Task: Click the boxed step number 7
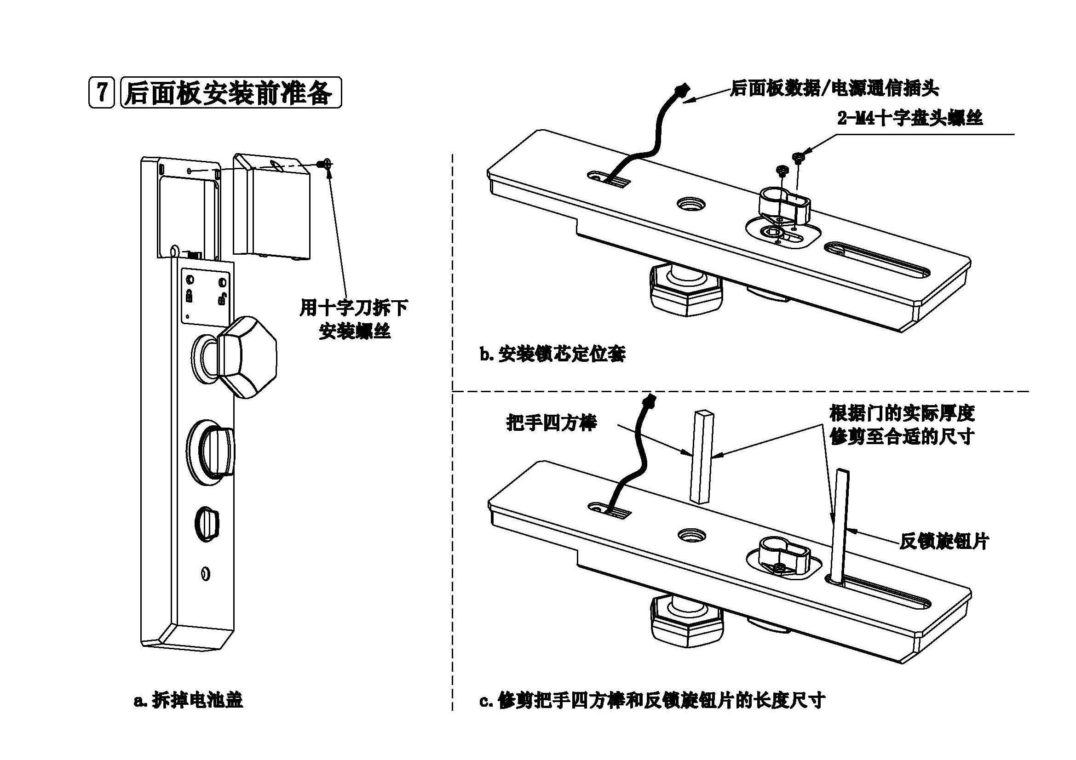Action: pos(101,93)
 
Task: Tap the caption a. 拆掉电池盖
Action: pos(188,701)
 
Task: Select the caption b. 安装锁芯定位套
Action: pos(552,354)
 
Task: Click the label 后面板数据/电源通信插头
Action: pos(834,88)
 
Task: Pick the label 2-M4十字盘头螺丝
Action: pos(909,119)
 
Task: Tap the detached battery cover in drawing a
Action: pos(272,206)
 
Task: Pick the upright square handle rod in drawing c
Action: pos(702,457)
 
